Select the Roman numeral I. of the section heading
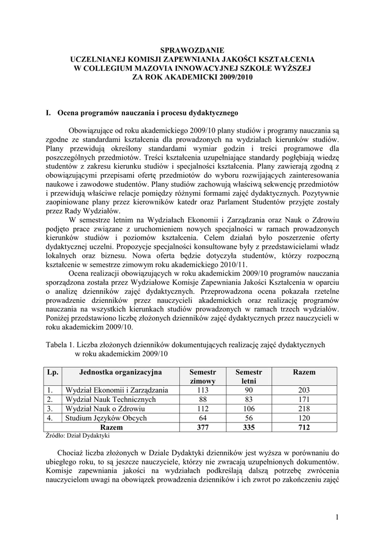pos(49,113)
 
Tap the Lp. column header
pos(52,372)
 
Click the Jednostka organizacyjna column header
pos(121,372)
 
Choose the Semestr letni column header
pos(248,377)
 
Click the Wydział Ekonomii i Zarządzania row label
pos(116,390)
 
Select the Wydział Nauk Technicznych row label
pos(110,399)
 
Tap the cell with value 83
pos(248,399)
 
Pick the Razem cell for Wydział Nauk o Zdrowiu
pos(304,409)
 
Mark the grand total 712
pos(304,427)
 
